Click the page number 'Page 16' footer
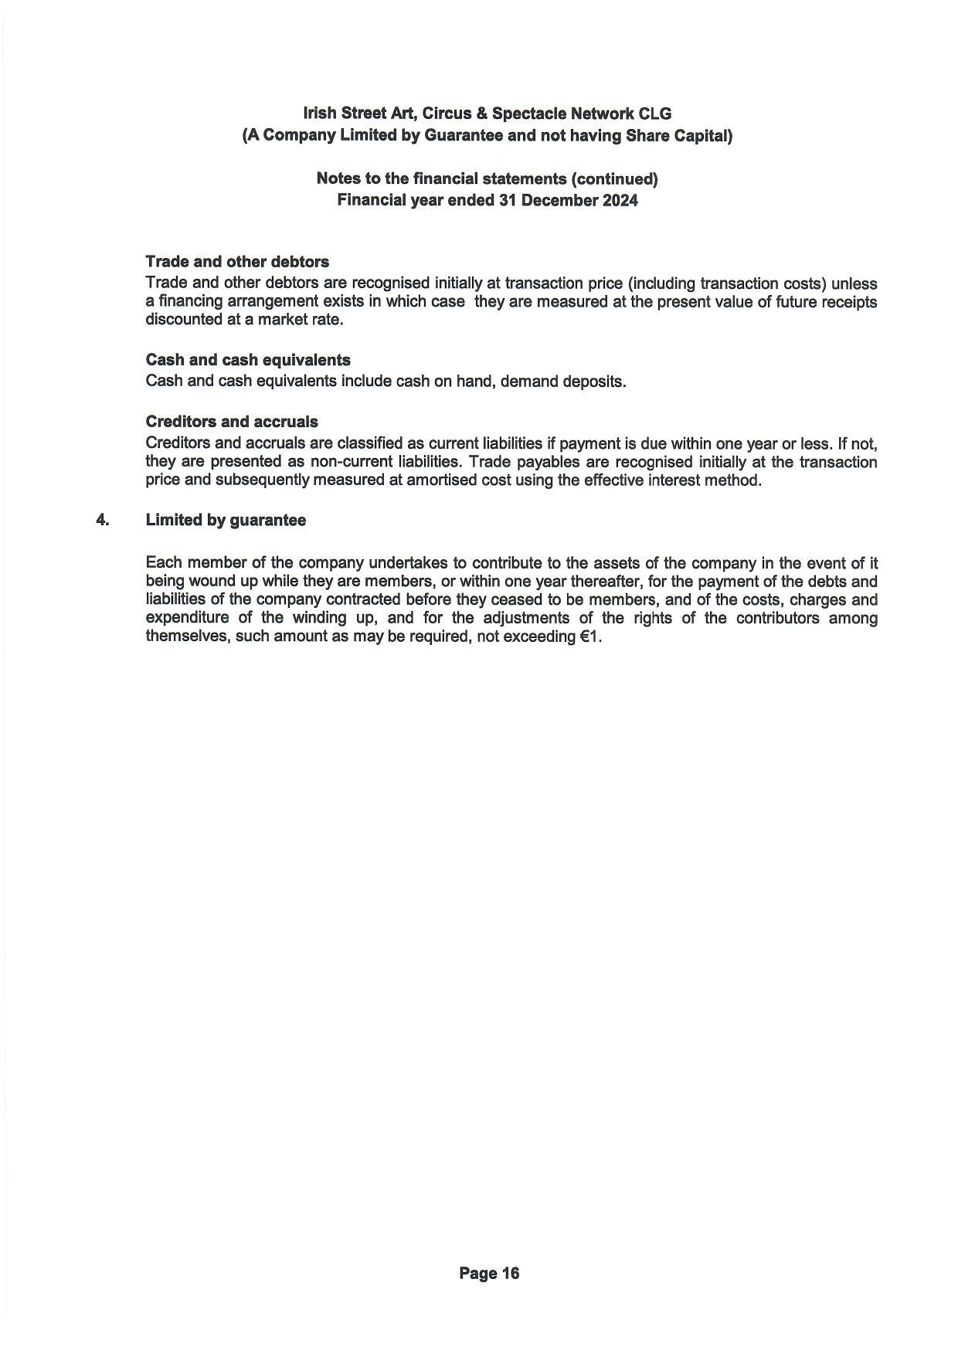point(489,1273)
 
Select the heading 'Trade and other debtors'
point(237,261)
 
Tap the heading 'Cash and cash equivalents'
point(248,360)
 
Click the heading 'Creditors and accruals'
point(232,422)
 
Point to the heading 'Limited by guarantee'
point(226,520)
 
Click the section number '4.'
point(103,520)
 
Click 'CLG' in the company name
point(655,114)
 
